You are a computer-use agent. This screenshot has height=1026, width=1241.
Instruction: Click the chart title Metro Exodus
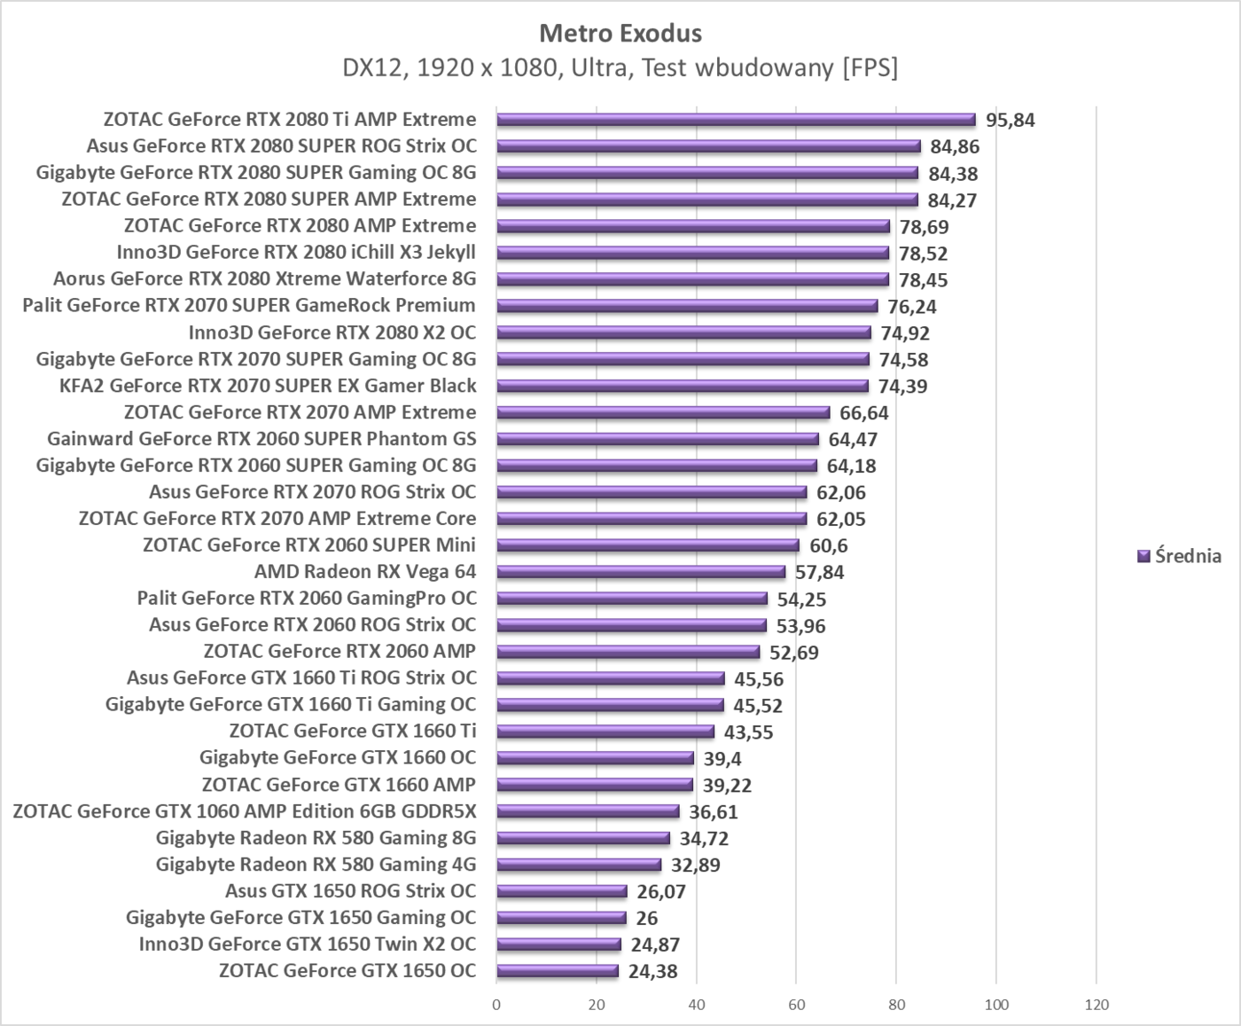[x=620, y=34]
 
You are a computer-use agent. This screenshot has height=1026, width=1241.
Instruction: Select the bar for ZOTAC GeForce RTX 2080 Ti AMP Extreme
[x=736, y=120]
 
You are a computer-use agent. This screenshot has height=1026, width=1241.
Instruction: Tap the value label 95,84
[x=1010, y=121]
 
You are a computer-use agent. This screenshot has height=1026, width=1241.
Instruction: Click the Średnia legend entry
[x=1179, y=556]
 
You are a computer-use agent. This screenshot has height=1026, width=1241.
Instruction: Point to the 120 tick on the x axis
[x=1097, y=1005]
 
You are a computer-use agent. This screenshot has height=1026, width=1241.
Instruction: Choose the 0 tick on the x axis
[x=496, y=1005]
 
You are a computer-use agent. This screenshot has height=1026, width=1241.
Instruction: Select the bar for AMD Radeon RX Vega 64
[x=641, y=572]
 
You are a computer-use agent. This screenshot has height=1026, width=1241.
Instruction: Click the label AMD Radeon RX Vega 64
[x=364, y=572]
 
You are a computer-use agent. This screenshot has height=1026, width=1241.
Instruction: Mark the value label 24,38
[x=652, y=972]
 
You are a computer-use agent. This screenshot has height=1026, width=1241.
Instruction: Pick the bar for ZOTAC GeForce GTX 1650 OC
[x=558, y=971]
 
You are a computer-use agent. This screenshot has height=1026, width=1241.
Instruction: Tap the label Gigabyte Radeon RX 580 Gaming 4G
[x=316, y=865]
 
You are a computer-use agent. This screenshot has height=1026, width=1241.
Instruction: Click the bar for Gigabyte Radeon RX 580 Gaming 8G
[x=583, y=838]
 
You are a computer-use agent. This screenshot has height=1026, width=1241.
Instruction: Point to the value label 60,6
[x=828, y=546]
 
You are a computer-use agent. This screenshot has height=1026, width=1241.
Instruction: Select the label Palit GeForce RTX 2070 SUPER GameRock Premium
[x=249, y=306]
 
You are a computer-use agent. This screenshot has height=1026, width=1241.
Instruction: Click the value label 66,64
[x=863, y=413]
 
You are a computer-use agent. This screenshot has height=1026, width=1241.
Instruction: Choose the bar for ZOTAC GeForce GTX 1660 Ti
[x=605, y=732]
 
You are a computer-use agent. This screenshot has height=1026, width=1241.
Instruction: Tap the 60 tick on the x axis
[x=796, y=1005]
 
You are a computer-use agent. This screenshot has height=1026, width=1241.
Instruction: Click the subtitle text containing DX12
[x=620, y=68]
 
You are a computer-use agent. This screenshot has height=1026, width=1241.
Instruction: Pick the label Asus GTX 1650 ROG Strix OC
[x=350, y=891]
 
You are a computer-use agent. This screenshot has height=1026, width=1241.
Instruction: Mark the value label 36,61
[x=713, y=812]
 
